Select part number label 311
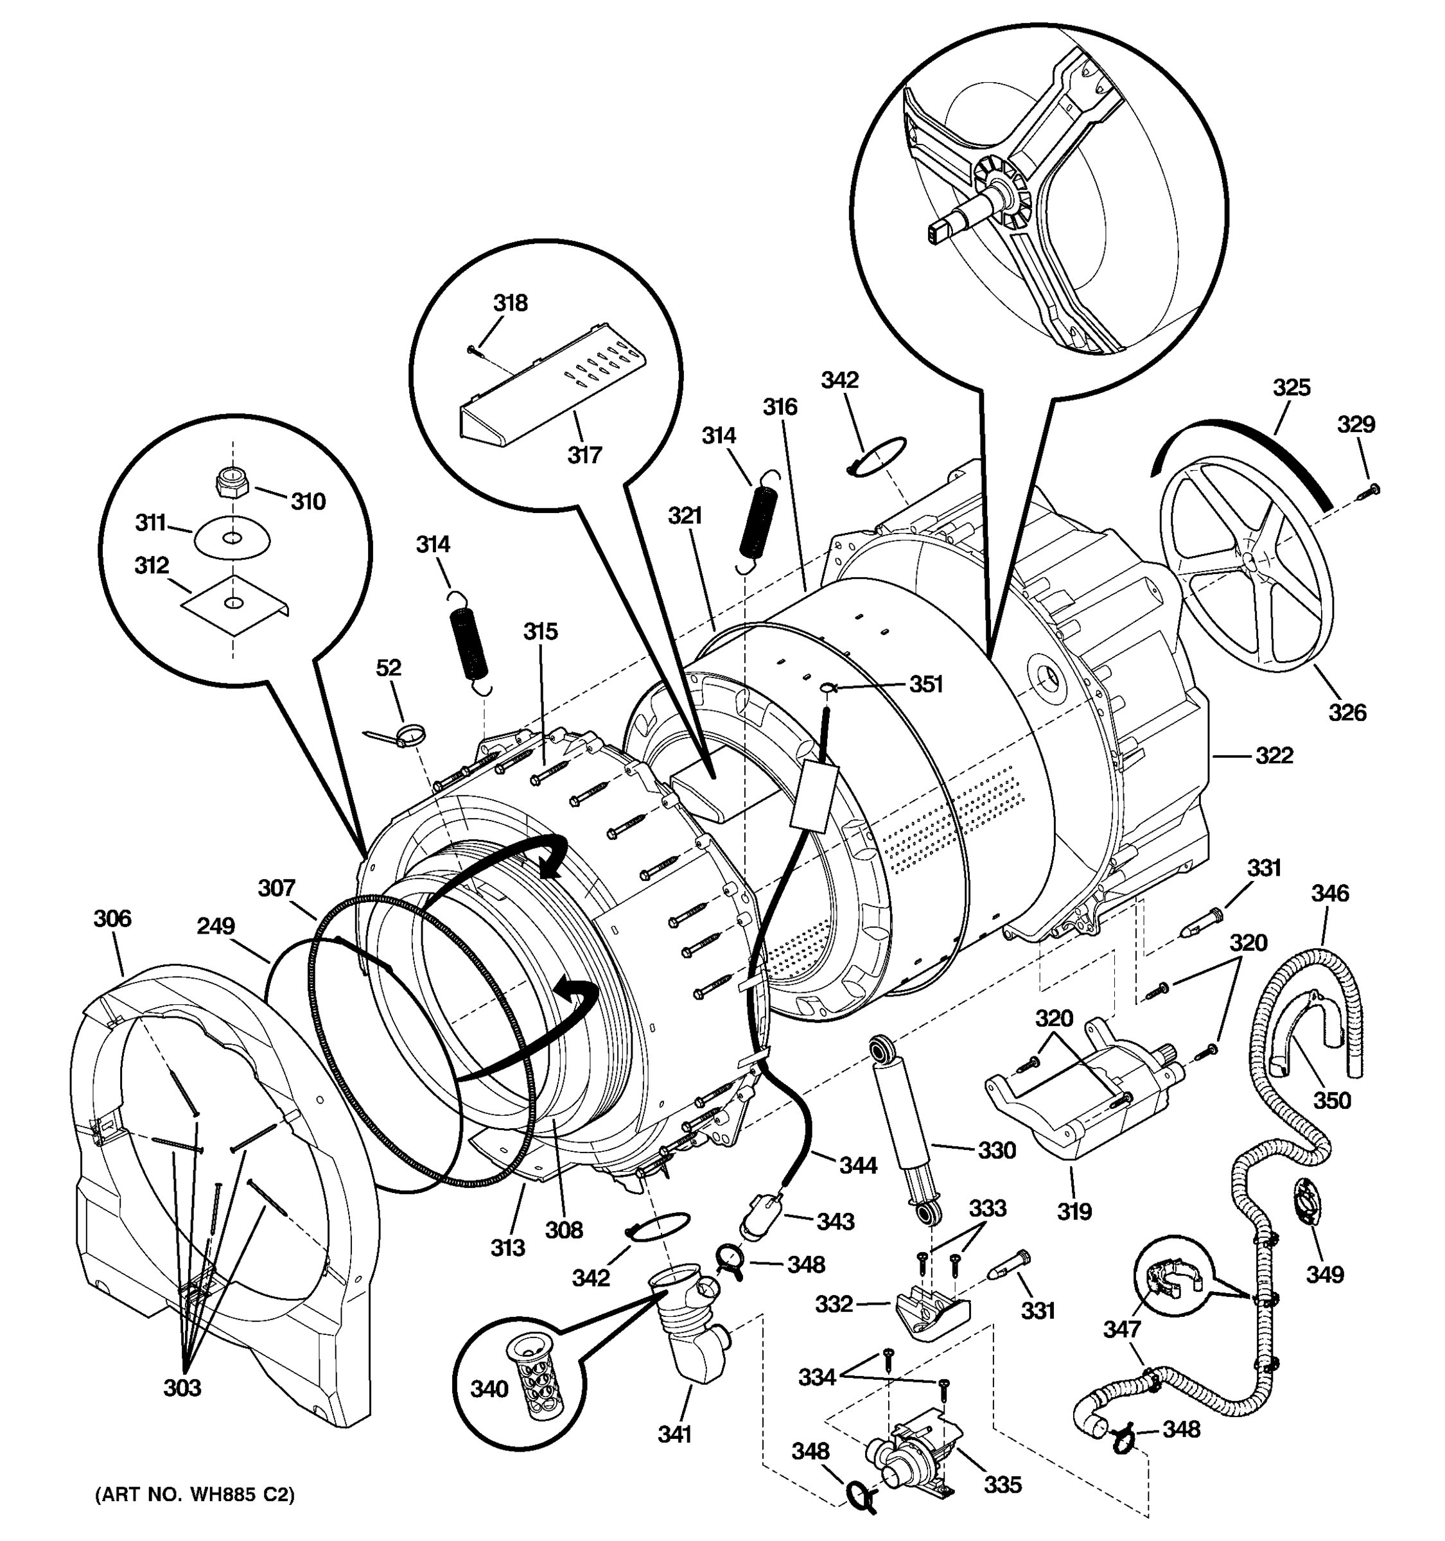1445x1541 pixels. (150, 523)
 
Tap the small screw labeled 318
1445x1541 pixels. (475, 351)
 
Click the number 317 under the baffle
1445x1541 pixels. (584, 455)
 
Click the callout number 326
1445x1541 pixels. (1347, 711)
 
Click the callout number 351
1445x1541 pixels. (925, 684)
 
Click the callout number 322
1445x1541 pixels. (1274, 755)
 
